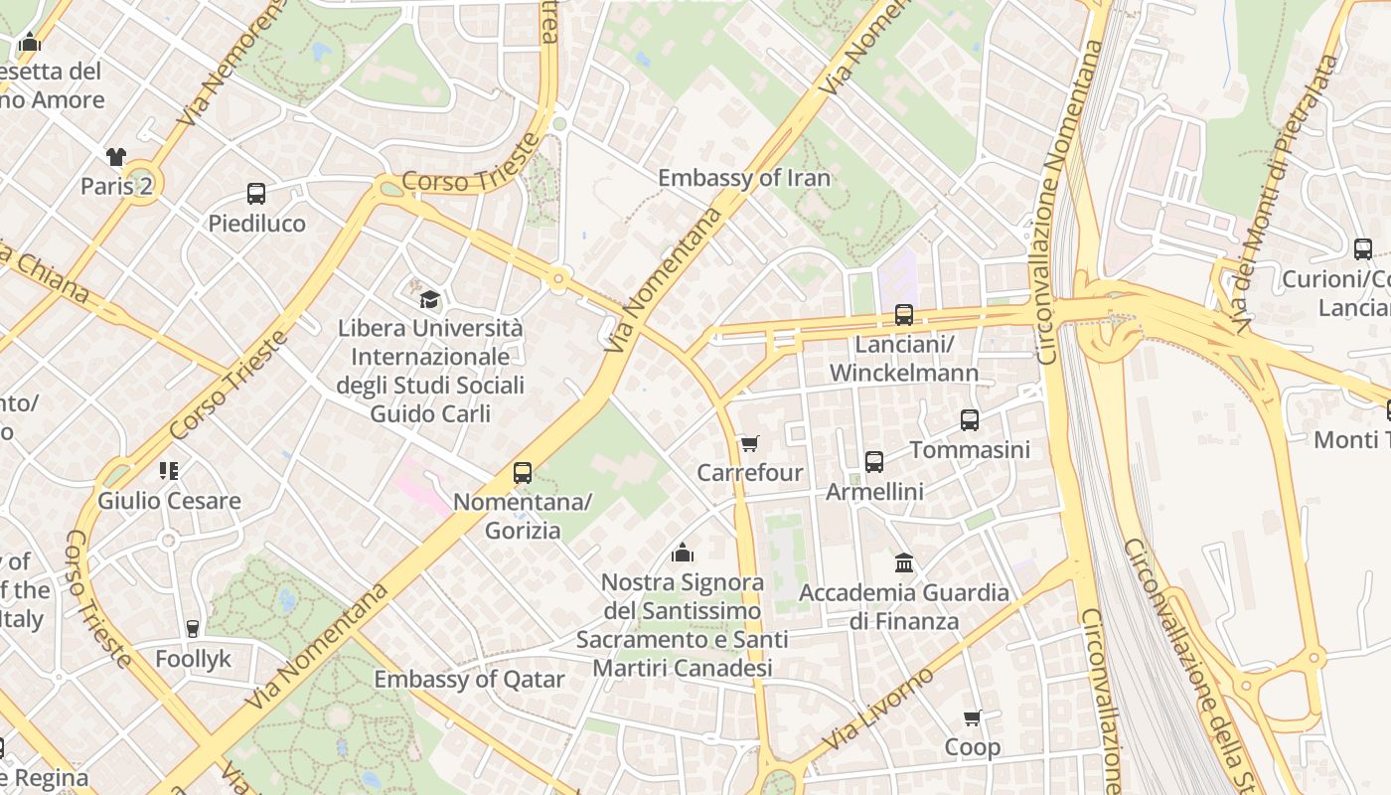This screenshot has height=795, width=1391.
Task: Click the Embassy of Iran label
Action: point(744,178)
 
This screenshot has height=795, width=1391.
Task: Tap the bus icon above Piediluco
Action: point(256,194)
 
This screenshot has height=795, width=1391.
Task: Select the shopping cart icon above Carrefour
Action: point(749,443)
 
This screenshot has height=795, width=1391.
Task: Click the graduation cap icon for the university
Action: point(429,299)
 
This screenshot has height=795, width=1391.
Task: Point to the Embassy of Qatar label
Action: point(469,680)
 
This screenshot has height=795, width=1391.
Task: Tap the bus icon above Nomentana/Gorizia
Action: point(523,473)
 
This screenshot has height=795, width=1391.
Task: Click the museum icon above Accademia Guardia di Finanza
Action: point(904,563)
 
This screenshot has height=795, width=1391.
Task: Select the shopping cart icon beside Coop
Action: point(973,717)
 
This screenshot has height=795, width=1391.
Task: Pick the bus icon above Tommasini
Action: point(970,420)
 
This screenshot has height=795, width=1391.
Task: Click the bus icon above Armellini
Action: point(874,462)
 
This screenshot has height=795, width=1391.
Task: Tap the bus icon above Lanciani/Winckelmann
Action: point(904,315)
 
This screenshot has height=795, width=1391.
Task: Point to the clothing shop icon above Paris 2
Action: point(116,156)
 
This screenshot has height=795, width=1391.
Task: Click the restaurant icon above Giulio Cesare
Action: point(169,470)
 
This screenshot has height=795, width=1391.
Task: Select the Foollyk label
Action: point(193,659)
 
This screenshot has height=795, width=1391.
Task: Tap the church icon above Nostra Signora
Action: point(683,553)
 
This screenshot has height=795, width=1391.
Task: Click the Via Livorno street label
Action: point(879,710)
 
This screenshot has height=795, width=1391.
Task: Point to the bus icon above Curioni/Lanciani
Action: point(1363,249)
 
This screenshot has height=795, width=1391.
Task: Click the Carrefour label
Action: point(750,472)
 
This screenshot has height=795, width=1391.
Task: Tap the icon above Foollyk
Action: point(193,629)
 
